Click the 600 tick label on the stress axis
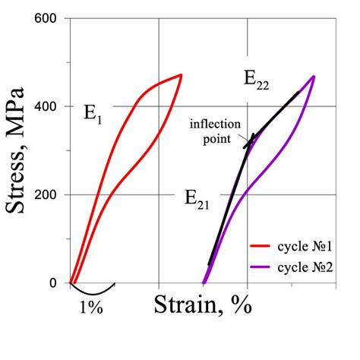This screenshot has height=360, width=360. (49, 17)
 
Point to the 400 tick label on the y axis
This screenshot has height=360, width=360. (49, 106)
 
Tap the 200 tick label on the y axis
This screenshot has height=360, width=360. (49, 194)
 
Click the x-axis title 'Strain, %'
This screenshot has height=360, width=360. (203, 305)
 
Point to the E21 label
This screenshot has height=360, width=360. (198, 200)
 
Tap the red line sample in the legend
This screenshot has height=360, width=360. (263, 248)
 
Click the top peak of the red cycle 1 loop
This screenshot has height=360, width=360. (181, 74)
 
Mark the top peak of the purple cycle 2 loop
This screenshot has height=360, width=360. (314, 76)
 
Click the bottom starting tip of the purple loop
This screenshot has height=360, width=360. (204, 283)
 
